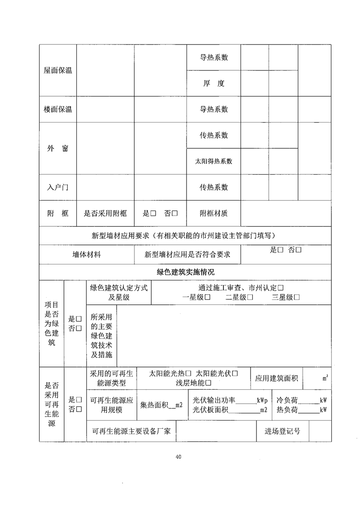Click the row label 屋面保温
point(58,70)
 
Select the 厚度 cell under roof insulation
point(213,83)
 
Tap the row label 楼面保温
point(58,109)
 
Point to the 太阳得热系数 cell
point(213,161)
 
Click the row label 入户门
point(58,187)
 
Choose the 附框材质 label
point(213,213)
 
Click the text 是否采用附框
point(105,213)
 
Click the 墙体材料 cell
point(87,254)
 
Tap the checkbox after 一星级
point(207,298)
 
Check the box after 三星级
point(296,298)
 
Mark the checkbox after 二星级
point(250,298)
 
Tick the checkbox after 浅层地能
point(208,383)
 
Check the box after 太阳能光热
point(188,374)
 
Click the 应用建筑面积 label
point(276,378)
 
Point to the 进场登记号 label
point(282,431)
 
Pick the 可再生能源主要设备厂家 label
point(131,431)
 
